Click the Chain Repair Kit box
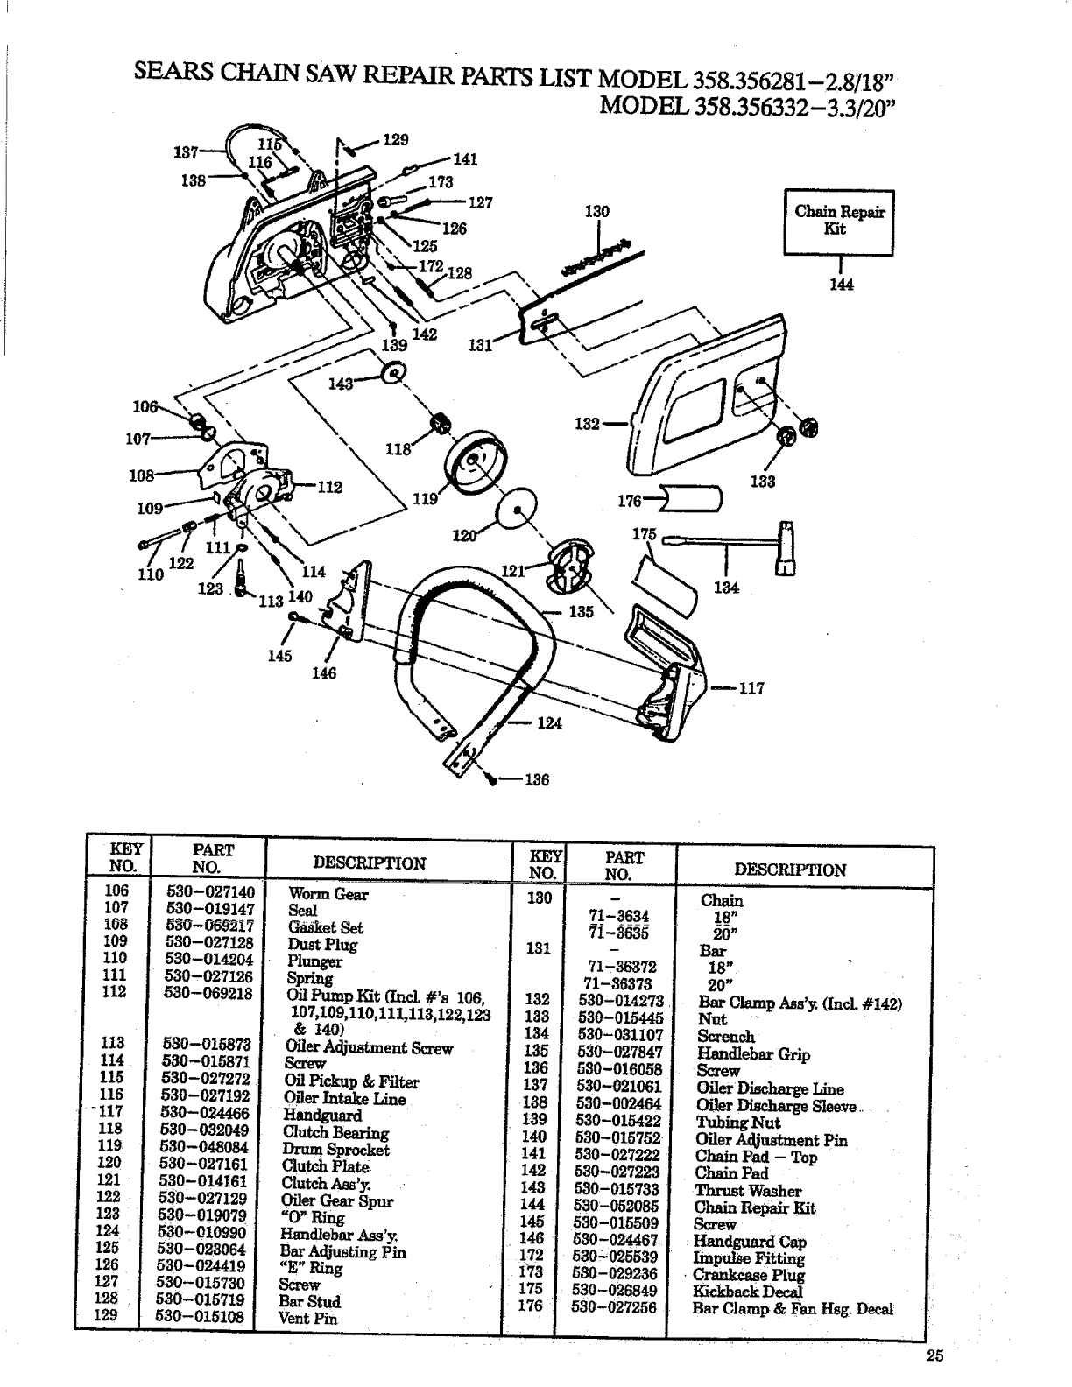tap(839, 222)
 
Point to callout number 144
tap(841, 284)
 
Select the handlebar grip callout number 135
tap(581, 611)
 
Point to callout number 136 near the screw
tap(536, 780)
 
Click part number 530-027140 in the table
tap(210, 892)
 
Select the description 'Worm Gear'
tap(328, 894)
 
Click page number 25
tap(935, 1356)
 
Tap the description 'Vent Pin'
tap(307, 1318)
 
